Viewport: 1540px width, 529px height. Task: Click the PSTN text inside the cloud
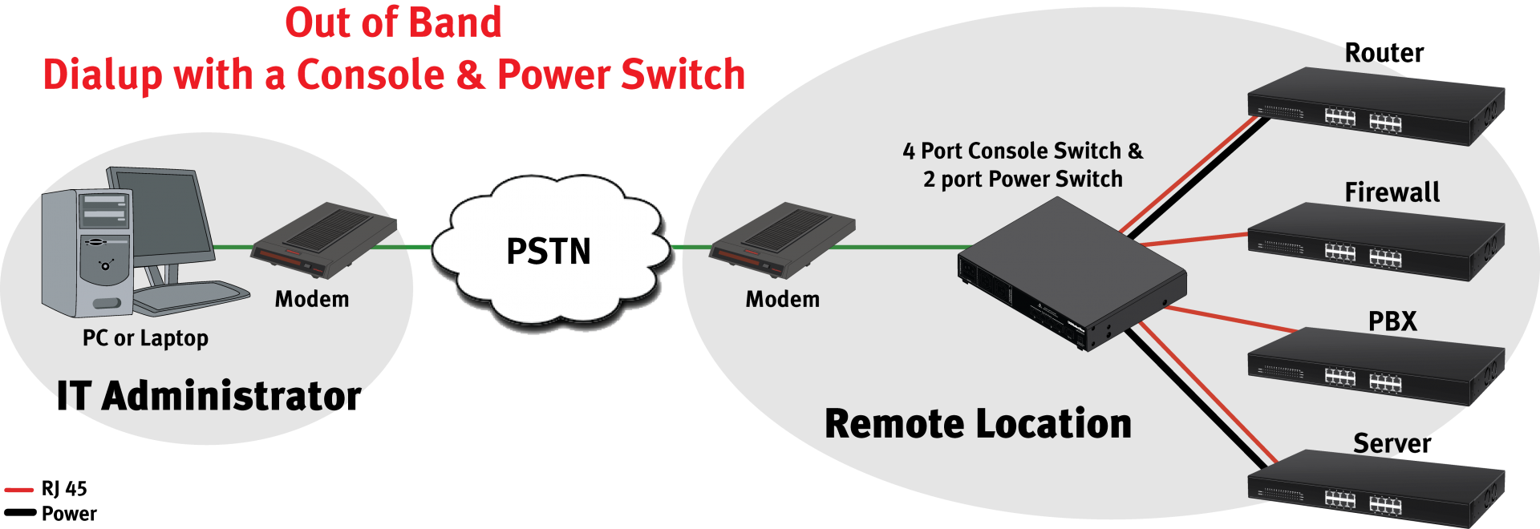549,252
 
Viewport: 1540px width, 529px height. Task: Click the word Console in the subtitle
371,75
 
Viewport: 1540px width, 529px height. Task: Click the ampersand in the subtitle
471,75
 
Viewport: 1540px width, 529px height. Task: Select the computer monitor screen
164,212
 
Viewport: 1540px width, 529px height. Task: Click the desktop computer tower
87,252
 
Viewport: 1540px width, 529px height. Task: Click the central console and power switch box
1072,273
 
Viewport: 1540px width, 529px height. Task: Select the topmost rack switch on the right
1376,106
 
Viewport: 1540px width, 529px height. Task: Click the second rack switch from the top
1376,241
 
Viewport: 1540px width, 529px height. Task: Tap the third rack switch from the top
1376,366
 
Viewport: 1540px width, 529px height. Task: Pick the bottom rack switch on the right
1376,489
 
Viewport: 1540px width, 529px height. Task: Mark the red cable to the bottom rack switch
1207,393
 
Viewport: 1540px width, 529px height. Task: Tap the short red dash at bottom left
19,489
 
